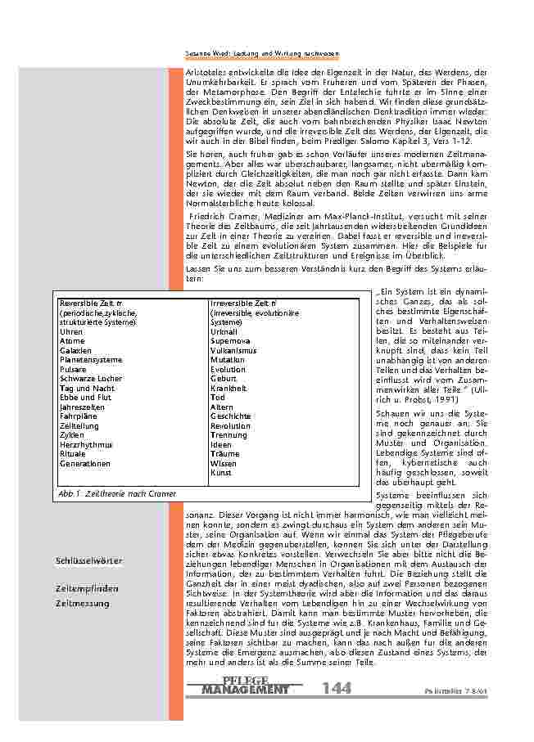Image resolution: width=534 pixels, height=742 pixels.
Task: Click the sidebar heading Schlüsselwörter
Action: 89,560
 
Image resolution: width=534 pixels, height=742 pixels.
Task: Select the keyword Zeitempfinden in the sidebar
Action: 87,588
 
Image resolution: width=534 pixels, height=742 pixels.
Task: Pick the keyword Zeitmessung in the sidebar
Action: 82,603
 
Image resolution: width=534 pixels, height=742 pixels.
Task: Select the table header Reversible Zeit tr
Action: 91,304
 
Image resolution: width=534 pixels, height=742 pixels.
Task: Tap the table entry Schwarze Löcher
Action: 91,379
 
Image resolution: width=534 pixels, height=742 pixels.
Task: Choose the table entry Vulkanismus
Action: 233,350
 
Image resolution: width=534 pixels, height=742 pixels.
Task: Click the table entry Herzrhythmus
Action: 86,444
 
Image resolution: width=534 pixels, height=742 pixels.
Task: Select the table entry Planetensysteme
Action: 91,360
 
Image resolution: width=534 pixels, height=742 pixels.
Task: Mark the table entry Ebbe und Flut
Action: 85,398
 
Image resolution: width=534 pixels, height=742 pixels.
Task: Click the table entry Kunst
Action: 221,472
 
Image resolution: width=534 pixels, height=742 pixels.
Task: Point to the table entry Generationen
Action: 85,463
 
